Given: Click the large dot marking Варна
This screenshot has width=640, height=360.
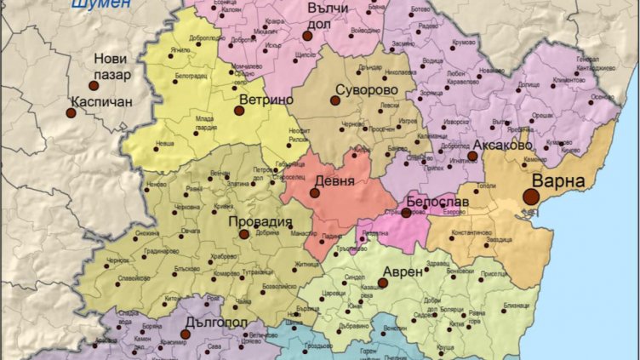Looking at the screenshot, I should [531, 197].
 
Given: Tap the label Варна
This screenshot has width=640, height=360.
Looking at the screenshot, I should [559, 181].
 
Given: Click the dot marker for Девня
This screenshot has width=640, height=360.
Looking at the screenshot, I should [315, 193].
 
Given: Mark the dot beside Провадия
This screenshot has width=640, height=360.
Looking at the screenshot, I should [244, 234].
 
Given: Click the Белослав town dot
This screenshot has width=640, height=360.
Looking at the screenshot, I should [407, 213].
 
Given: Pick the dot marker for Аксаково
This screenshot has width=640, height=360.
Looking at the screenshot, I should [472, 156].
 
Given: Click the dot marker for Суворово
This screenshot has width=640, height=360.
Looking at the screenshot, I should [335, 100].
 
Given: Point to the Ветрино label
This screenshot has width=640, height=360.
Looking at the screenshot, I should [266, 100].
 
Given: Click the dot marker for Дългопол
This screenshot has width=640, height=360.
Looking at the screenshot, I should [185, 334].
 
